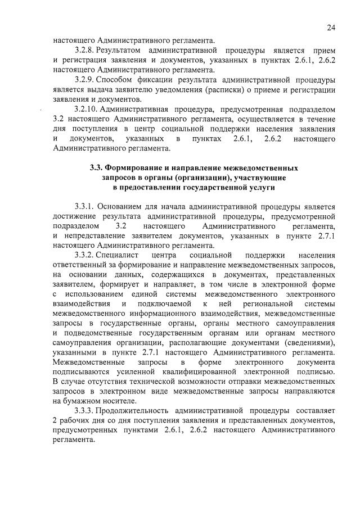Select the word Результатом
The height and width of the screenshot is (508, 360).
coord(120,50)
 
